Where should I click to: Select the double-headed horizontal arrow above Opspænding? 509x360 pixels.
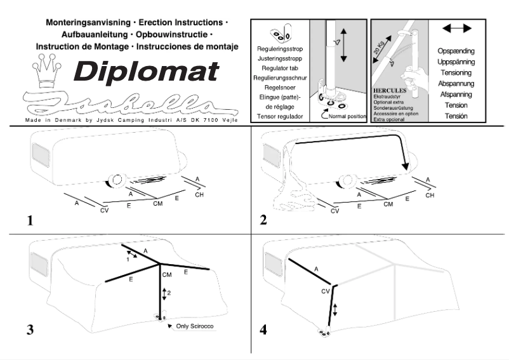(x=456, y=29)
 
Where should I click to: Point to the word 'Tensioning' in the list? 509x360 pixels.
(x=456, y=72)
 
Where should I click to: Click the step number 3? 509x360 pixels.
(x=30, y=330)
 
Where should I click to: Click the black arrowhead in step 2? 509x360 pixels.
(x=404, y=168)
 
